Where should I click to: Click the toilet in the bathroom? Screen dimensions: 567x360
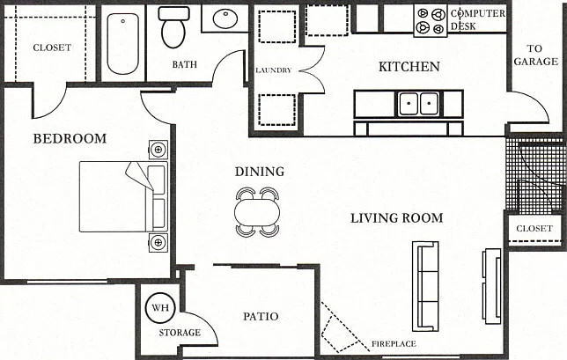point(173,27)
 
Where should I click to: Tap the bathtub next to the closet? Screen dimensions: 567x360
point(123,44)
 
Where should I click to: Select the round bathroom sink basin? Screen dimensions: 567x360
point(225,18)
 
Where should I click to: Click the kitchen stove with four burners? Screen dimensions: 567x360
point(431,20)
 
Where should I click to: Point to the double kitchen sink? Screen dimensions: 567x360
point(419,104)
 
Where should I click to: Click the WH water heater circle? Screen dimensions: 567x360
point(160,307)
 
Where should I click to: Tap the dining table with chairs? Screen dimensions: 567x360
point(257,212)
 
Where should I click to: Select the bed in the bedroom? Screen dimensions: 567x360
point(123,196)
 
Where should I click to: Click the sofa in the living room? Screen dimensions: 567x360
point(425,286)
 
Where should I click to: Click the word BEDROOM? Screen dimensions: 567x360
point(70,138)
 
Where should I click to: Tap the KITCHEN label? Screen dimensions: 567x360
point(409,67)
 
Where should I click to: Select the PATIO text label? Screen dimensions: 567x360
point(261,317)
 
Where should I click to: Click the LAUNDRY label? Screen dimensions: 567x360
point(273,70)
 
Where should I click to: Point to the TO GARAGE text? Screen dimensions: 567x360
point(535,55)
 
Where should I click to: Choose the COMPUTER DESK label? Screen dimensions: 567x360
point(478,19)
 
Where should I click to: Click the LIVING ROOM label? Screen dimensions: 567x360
point(397,218)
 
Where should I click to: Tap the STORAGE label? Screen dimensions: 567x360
point(180,333)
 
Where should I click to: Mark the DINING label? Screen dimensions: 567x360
point(260,172)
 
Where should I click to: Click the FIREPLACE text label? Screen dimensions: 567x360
point(394,344)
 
